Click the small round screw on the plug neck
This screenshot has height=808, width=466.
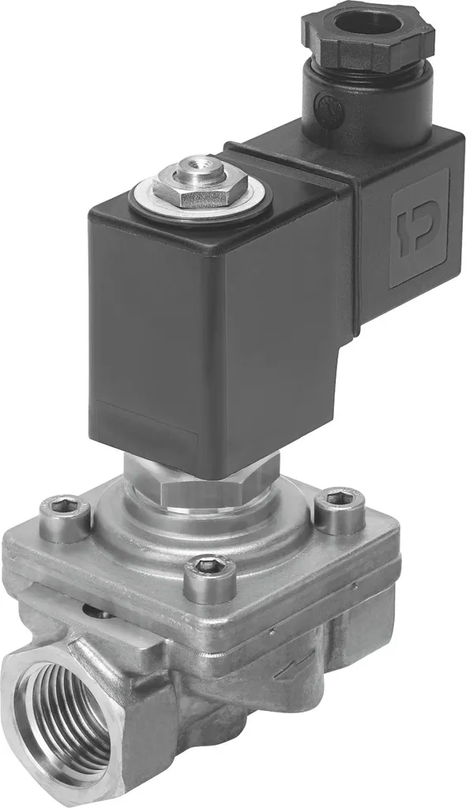pos(325,103)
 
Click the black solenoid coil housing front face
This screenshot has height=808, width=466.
pos(150,331)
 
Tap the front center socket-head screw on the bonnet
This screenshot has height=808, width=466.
pos(209,578)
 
